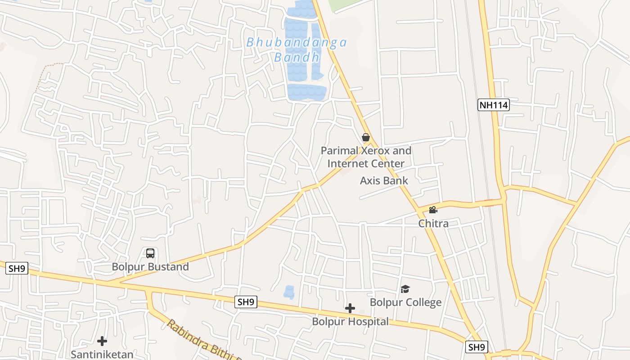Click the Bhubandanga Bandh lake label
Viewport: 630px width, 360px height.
click(x=297, y=49)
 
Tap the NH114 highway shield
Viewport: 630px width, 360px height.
click(x=493, y=105)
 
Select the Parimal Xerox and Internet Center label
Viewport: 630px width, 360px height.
click(x=366, y=157)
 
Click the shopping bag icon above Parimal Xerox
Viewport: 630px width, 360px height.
click(x=366, y=137)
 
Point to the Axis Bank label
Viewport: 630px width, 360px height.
click(x=384, y=181)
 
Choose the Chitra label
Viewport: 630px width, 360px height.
click(x=433, y=223)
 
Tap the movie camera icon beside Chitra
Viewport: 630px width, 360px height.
click(x=433, y=210)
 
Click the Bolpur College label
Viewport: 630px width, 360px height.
click(x=405, y=302)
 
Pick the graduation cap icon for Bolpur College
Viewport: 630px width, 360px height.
click(x=405, y=289)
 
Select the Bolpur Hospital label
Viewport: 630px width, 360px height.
click(x=350, y=322)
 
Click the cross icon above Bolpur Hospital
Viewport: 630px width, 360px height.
click(x=350, y=308)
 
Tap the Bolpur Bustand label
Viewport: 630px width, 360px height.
click(x=150, y=267)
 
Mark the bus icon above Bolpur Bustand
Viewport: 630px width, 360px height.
click(x=150, y=253)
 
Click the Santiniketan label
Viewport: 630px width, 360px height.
click(x=102, y=354)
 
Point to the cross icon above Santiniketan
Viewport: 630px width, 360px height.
click(x=102, y=341)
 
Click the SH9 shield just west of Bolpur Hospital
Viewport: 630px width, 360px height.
click(x=246, y=302)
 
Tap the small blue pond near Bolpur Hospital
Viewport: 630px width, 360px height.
click(x=289, y=292)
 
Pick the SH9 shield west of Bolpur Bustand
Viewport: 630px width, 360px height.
click(x=17, y=269)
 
